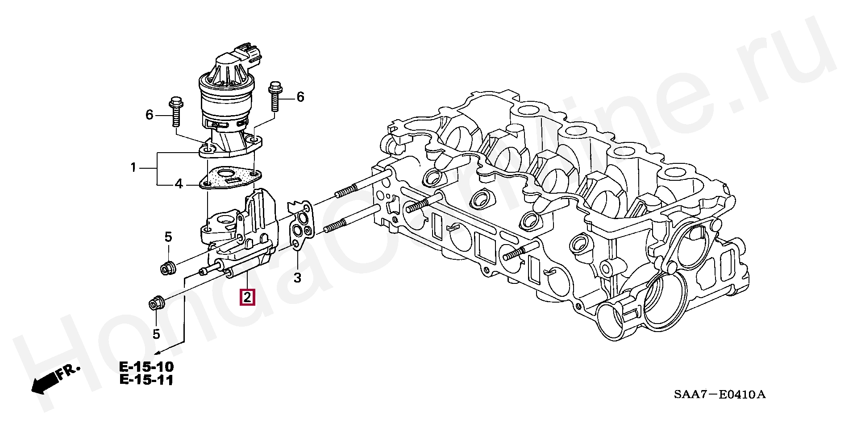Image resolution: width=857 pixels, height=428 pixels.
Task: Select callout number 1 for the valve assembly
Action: click(x=133, y=168)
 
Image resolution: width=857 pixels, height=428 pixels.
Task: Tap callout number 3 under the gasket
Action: click(x=297, y=278)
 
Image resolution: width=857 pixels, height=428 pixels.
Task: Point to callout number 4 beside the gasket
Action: click(x=179, y=183)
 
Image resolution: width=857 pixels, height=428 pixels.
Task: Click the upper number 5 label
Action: click(x=168, y=237)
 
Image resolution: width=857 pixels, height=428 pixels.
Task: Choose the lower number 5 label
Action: click(x=156, y=333)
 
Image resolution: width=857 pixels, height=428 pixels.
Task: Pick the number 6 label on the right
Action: click(x=300, y=97)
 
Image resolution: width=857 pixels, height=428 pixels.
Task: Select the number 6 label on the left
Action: click(x=149, y=115)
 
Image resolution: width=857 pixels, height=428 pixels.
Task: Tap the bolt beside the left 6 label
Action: click(x=175, y=115)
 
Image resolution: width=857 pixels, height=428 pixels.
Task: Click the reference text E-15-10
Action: click(x=146, y=367)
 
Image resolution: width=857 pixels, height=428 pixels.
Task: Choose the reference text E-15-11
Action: click(x=146, y=381)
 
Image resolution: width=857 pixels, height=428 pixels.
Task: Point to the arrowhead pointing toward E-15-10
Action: click(x=158, y=353)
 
